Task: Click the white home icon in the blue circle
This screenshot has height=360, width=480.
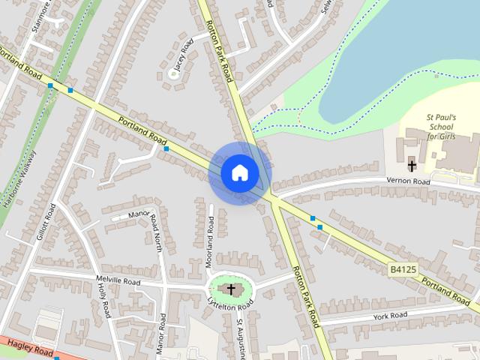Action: tap(239, 172)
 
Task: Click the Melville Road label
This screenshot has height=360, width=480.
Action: tap(118, 282)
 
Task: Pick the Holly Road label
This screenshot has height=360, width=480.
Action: tap(103, 301)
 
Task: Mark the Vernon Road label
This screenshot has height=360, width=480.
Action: tap(409, 182)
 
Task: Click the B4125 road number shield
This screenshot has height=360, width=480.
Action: tap(403, 268)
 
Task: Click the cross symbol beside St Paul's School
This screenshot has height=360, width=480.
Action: tap(412, 165)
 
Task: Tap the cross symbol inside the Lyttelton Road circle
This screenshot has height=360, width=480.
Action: tap(231, 289)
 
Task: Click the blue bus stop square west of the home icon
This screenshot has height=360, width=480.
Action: tap(166, 149)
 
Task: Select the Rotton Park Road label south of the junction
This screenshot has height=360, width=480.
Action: tap(305, 297)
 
